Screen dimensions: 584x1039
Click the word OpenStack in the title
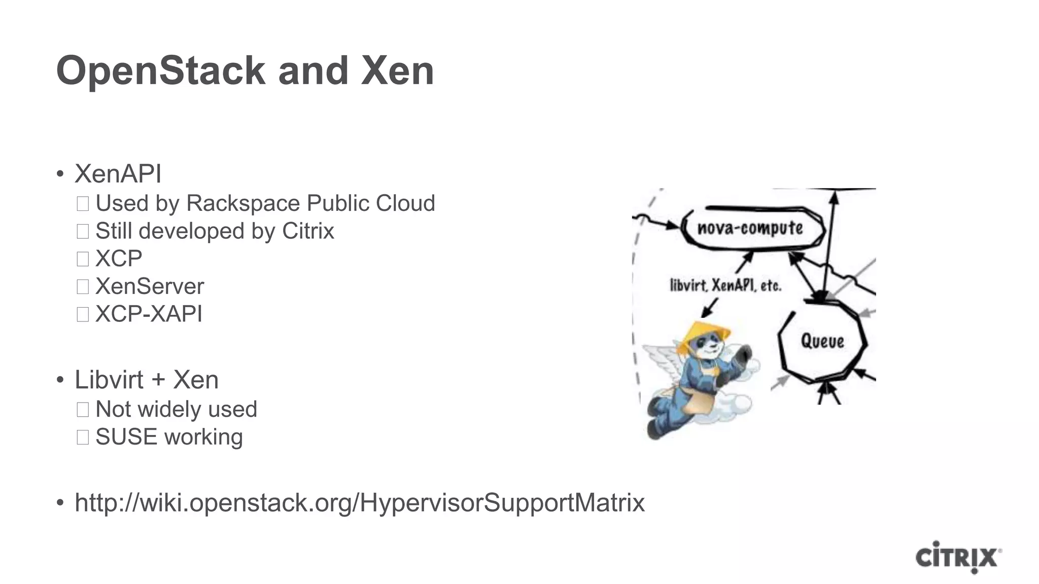[x=160, y=71]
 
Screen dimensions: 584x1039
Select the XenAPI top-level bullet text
[x=118, y=174]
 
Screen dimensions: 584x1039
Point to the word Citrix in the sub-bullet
[x=308, y=231]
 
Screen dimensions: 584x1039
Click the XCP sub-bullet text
[x=119, y=259]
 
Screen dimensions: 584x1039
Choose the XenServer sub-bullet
[x=150, y=286]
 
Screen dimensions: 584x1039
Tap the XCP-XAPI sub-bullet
[x=149, y=314]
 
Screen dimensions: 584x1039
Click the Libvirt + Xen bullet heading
[x=146, y=380]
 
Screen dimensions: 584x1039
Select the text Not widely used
[x=176, y=409]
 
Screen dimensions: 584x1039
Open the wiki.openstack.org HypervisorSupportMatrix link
[x=359, y=503]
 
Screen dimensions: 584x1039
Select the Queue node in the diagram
[x=822, y=341]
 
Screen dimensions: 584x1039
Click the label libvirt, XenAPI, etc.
[x=725, y=285]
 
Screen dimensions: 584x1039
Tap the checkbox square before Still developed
[x=83, y=232]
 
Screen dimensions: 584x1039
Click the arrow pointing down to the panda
[x=710, y=307]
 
